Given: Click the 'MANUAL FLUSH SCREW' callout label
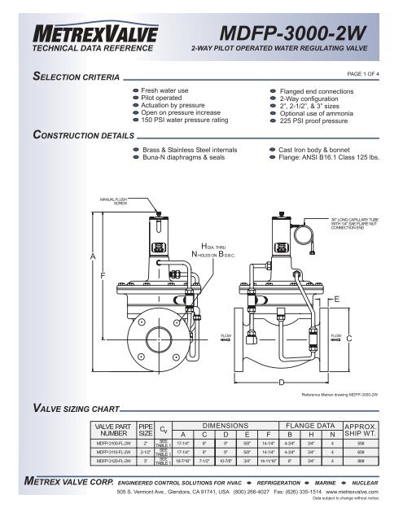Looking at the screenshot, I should coord(114,199).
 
